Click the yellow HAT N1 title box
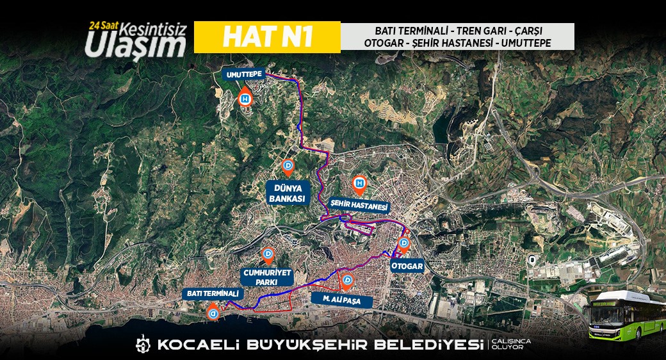tap(266, 37)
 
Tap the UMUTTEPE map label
tap(243, 75)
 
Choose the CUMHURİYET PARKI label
tap(267, 277)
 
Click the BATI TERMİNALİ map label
tap(213, 293)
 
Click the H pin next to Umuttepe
tap(245, 100)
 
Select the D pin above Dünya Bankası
tap(288, 167)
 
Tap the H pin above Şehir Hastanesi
tap(360, 184)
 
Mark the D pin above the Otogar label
tap(404, 243)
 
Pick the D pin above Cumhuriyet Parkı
tap(269, 255)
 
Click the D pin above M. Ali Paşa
tap(348, 281)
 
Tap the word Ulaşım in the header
tap(136, 44)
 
